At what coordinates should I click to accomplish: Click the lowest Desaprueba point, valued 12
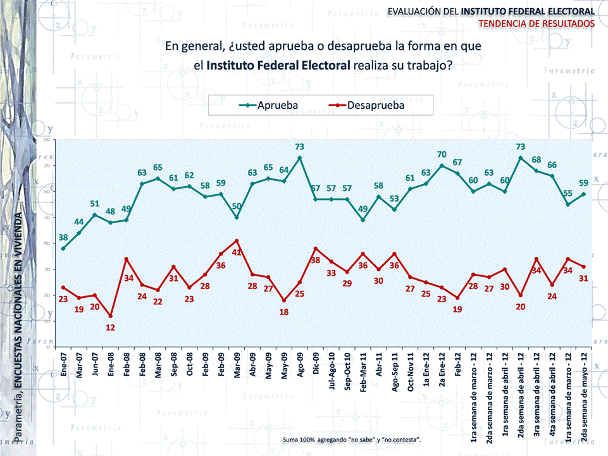tap(111, 316)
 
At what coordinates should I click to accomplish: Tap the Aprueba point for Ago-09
tap(299, 157)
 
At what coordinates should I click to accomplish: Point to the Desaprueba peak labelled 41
tap(237, 241)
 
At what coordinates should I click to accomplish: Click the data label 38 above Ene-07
tap(63, 238)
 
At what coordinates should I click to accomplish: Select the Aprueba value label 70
tap(442, 154)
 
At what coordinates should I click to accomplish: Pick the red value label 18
tap(284, 312)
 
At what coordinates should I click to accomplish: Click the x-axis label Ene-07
tap(64, 366)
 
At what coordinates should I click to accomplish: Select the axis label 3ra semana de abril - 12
tap(536, 400)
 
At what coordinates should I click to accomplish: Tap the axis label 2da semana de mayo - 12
tap(583, 400)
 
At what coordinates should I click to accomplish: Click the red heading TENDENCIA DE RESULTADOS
tap(537, 23)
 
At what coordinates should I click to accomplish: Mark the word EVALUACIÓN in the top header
tap(414, 11)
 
